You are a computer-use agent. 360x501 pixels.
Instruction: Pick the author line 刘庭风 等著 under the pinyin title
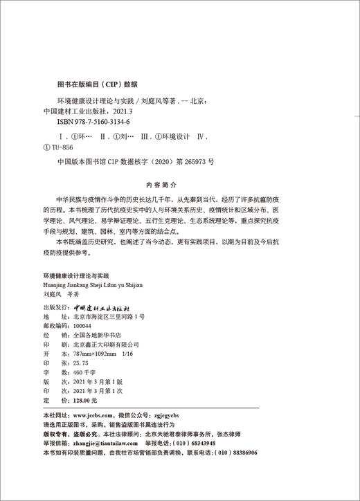[x=61, y=293]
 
